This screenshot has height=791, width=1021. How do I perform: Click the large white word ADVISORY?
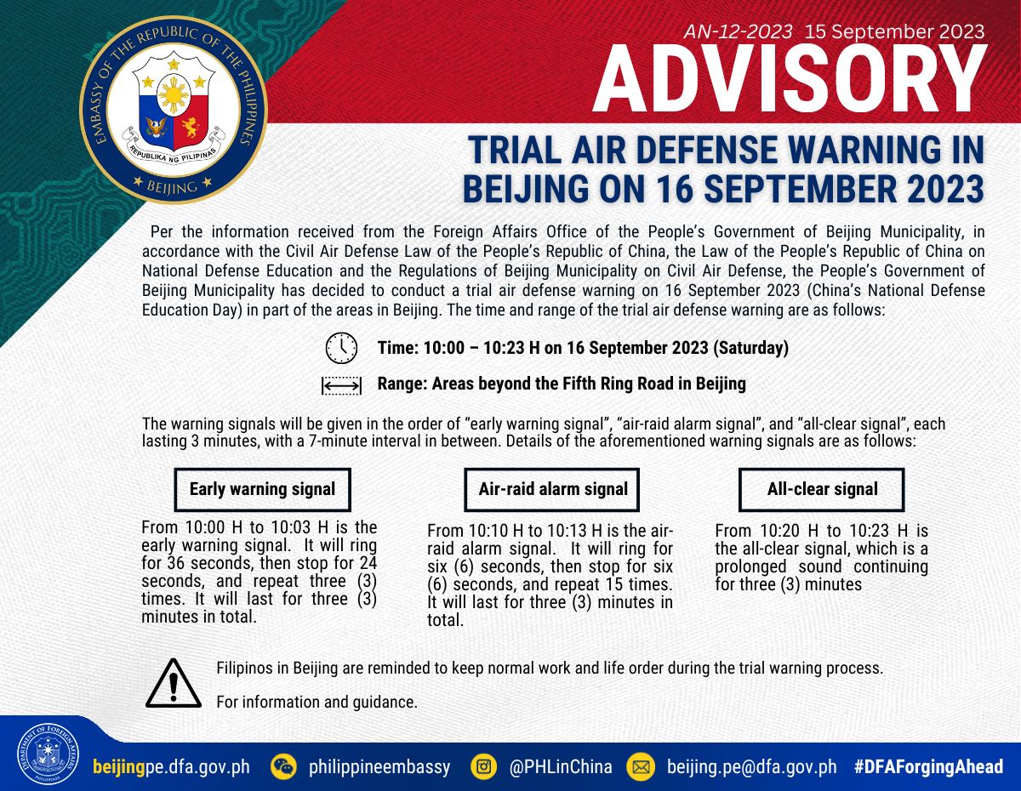tap(789, 80)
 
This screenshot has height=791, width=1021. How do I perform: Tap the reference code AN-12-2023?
tap(739, 31)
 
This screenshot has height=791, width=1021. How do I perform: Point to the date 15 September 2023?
tap(894, 31)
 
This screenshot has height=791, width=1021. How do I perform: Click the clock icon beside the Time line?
tap(341, 348)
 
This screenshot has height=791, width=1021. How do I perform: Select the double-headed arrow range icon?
tap(341, 385)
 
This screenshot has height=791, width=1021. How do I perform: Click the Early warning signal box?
tap(263, 489)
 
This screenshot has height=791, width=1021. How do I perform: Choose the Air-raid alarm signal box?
tap(552, 489)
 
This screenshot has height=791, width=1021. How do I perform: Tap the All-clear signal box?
tap(822, 489)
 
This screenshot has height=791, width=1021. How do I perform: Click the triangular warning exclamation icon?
tap(174, 684)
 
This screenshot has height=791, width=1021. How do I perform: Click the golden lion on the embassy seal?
tap(191, 128)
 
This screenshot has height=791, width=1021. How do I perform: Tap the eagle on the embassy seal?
tap(157, 128)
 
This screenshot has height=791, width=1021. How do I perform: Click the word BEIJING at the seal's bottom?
tap(172, 187)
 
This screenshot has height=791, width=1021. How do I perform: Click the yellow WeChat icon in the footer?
tap(283, 766)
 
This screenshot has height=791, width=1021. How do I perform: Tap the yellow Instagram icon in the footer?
tap(483, 766)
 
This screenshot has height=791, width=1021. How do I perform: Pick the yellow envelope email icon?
tap(641, 766)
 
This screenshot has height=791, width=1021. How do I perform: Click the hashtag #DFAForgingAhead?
tap(928, 766)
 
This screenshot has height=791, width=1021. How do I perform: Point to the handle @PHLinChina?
tap(561, 766)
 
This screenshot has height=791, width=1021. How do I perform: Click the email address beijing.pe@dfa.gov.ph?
tap(752, 767)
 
